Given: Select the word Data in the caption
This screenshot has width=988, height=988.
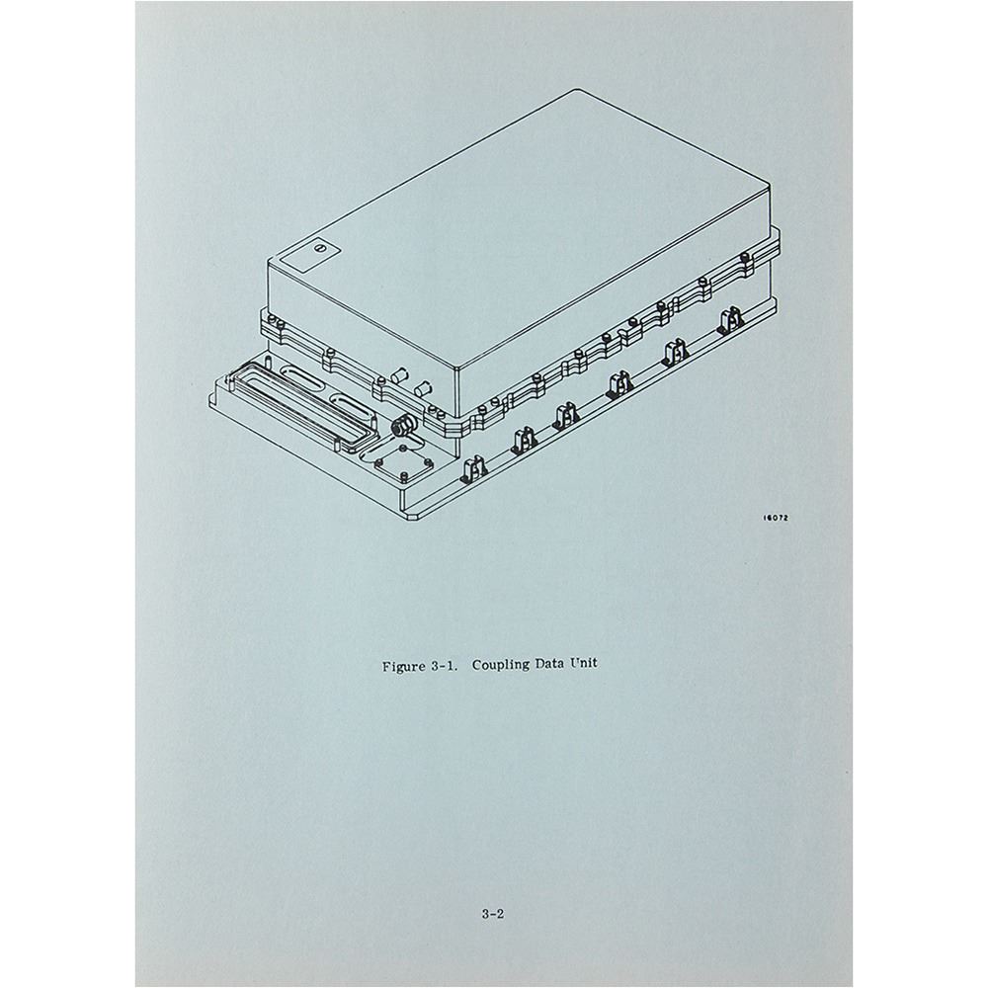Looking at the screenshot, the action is tap(549, 664).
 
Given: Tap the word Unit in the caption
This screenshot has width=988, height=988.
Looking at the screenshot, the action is tap(584, 664).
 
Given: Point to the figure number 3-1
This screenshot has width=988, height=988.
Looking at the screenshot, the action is tap(445, 666).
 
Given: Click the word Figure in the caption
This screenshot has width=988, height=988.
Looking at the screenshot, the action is tap(404, 666).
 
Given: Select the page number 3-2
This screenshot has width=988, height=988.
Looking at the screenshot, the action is tap(493, 914).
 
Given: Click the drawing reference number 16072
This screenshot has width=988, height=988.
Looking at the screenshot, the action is tap(776, 518).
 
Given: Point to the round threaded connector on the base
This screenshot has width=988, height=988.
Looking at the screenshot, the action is tap(400, 427).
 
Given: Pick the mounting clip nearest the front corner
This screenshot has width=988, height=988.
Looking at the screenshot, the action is tap(473, 469).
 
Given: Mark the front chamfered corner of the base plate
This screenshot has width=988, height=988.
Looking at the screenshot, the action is tap(411, 518).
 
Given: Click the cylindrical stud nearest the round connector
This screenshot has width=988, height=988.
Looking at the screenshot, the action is tap(423, 387).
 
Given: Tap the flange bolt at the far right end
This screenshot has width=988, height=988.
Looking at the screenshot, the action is tap(744, 257).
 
